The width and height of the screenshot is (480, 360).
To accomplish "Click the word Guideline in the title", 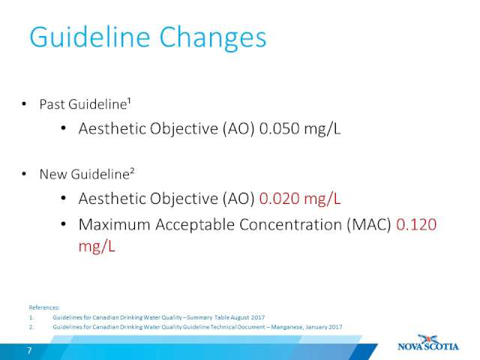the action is coord(90,37).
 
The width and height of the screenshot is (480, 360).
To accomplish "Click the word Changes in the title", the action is coord(213,38).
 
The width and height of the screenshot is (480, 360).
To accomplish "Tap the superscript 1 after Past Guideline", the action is coord(129,100).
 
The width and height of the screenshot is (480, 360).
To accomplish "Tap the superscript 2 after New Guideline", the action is coord(132,171).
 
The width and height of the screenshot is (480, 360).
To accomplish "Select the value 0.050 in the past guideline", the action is coord(279,128).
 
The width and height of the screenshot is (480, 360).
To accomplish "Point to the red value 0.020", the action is coord(279,199).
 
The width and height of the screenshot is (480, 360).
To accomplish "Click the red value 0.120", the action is coord(416,225).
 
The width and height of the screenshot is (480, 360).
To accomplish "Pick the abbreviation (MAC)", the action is coord(369,225).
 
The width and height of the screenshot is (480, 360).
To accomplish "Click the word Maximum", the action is coord(114,225).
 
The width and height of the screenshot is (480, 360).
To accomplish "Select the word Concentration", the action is coord(290,225).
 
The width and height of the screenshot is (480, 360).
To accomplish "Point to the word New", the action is coord(53,174).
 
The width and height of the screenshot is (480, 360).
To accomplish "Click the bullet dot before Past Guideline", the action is coord(24,104).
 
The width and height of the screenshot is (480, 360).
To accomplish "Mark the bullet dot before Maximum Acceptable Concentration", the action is coord(63,224).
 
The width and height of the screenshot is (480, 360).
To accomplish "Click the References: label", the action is coord(44,307).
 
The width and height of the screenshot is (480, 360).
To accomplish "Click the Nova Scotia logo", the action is coord(428,343).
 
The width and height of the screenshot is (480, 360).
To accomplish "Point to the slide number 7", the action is coord(29,350).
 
